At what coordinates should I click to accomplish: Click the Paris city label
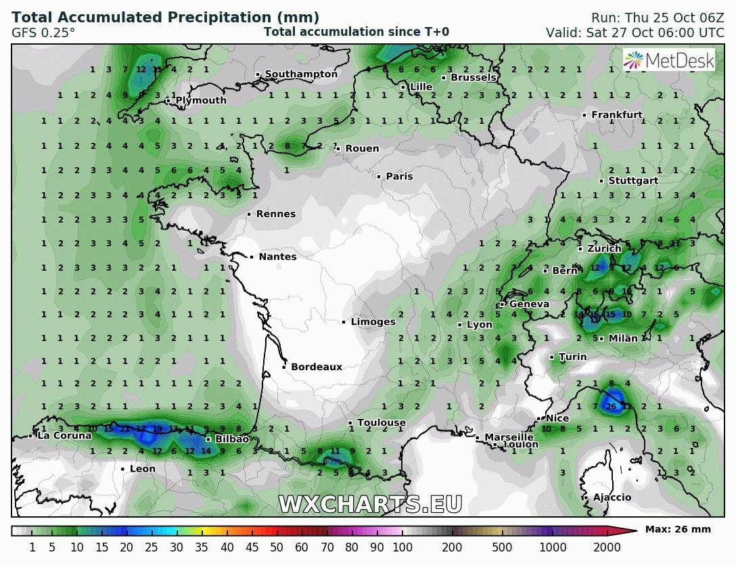[x=399, y=177]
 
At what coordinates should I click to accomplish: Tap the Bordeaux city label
[x=317, y=367]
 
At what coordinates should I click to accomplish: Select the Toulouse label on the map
[x=382, y=423]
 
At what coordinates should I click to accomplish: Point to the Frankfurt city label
[x=617, y=115]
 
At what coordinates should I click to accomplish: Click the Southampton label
[x=301, y=74]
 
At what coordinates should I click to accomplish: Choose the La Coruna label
[x=64, y=436]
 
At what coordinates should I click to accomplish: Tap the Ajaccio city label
[x=612, y=498]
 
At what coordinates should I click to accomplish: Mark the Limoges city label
[x=373, y=322]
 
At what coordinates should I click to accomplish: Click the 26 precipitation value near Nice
[x=612, y=407]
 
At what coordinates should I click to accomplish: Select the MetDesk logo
[x=669, y=60]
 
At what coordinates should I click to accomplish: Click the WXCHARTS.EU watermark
[x=371, y=504]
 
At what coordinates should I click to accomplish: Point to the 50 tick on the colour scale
[x=277, y=547]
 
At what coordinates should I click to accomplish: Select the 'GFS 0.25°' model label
[x=43, y=32]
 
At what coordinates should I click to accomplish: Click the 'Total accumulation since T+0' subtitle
[x=356, y=32]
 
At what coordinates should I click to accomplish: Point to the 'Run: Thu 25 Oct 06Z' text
[x=658, y=18]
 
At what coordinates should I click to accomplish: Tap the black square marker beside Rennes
[x=249, y=214]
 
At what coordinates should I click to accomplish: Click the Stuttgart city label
[x=633, y=181]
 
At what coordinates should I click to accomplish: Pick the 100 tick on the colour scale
[x=402, y=547]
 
